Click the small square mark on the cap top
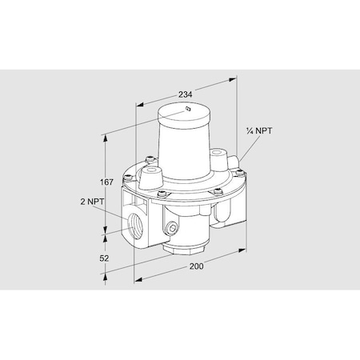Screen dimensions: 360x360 click(x=186, y=108)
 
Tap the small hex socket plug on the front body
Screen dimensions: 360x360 click(x=173, y=230)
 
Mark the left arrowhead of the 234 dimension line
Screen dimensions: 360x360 click(x=138, y=102)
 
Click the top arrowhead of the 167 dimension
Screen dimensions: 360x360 click(x=106, y=134)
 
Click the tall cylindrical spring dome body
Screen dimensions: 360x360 click(x=186, y=148)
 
